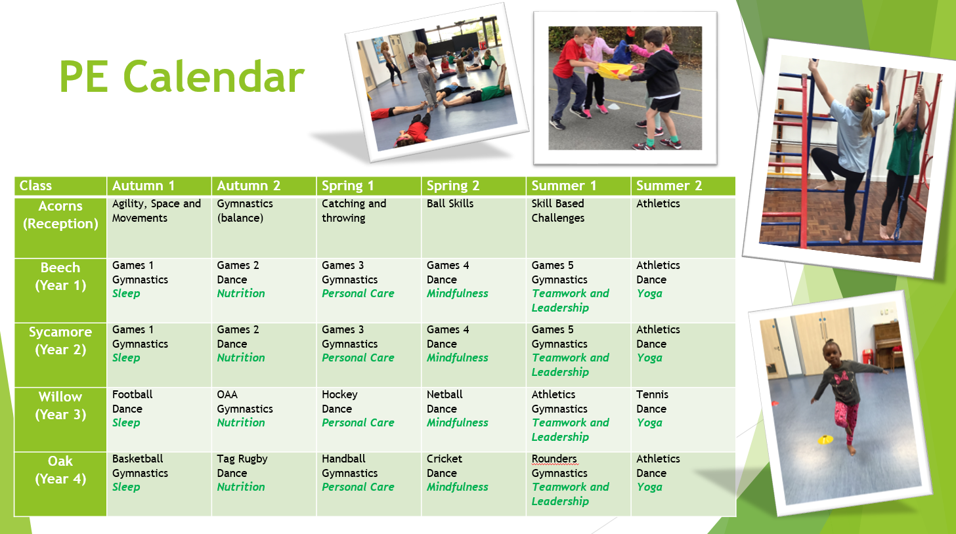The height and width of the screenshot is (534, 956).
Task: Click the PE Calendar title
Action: pos(182,77)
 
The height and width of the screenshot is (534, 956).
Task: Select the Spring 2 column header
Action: pos(453,186)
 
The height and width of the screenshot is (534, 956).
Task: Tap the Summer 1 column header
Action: pos(563,186)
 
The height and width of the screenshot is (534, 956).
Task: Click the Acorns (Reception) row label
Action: pos(60,215)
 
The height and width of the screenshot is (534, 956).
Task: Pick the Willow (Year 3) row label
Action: pos(60,405)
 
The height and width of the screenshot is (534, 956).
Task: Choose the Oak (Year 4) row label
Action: pos(60,470)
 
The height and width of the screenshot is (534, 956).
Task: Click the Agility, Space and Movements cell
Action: pos(156,211)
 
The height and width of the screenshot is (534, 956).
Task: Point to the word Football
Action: pos(133,394)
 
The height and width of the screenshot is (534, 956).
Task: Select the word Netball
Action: pos(445,394)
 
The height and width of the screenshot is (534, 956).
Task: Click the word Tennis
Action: pos(652,394)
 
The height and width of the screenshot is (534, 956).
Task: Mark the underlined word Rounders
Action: pos(554,459)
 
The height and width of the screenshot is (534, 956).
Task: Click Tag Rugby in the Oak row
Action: pos(242,459)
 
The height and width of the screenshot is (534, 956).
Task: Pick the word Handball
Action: pos(343,459)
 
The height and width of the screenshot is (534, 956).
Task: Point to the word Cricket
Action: pos(445,459)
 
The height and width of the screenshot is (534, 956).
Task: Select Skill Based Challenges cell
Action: pos(558,211)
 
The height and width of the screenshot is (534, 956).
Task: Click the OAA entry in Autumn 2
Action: pos(227,394)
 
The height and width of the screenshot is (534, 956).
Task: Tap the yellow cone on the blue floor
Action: pos(825,440)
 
